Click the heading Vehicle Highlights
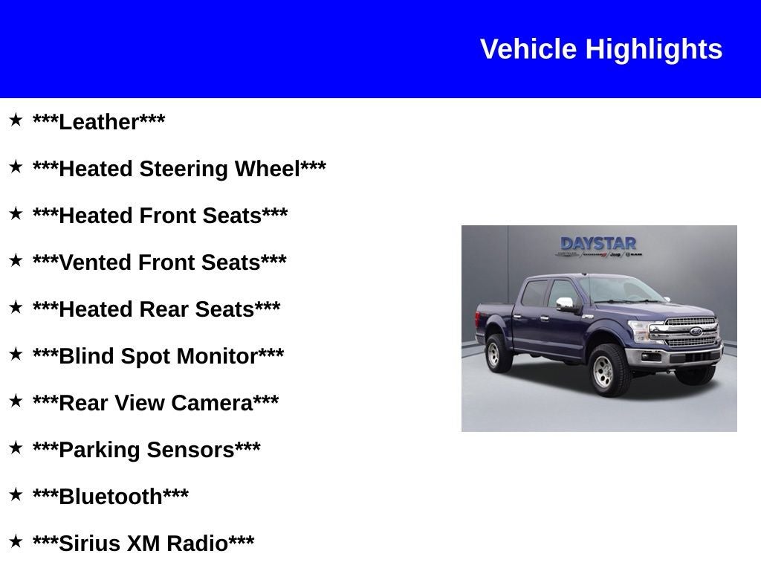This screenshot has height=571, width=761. coord(600,49)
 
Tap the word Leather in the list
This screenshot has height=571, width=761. coord(99,122)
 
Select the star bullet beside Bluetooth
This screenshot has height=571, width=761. coord(16,494)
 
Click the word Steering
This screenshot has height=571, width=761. coord(185,169)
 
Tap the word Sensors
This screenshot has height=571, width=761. coord(191,450)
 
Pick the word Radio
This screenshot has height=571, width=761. coord(197,543)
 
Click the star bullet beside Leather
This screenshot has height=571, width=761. coord(16,120)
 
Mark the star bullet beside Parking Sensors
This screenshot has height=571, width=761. coord(16,448)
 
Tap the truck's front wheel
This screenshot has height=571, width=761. coord(609,369)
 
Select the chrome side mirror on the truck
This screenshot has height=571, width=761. coord(566,303)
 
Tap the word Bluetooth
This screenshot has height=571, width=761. coord(111,497)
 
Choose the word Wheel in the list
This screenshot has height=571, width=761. coord(268,169)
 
